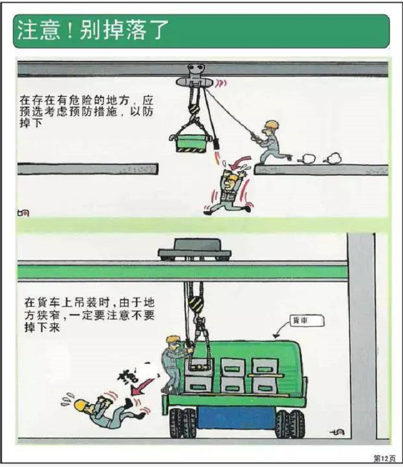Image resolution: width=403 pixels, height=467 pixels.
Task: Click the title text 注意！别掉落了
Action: point(92,31)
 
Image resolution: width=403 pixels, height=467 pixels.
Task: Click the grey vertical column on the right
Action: point(361,334)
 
